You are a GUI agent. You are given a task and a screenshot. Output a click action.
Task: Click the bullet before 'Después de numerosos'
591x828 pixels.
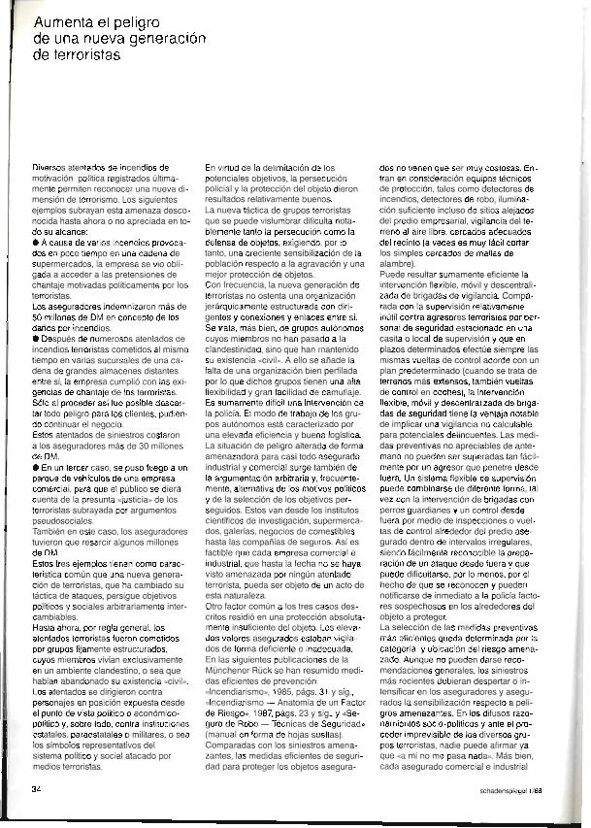(36, 338)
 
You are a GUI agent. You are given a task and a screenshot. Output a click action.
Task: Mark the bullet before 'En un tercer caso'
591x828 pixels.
(36, 467)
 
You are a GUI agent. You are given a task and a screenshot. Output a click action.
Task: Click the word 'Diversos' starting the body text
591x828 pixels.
(50, 168)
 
